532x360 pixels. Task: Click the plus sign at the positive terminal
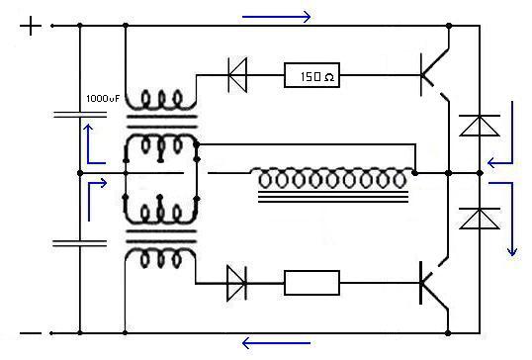(31, 26)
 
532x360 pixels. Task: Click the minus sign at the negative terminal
(31, 333)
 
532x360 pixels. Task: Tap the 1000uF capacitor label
(103, 99)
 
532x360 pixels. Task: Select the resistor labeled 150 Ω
(311, 75)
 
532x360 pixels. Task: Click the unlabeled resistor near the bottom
(311, 283)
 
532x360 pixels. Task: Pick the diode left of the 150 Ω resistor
(237, 75)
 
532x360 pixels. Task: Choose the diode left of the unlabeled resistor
(236, 283)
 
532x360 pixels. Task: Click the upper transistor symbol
(435, 74)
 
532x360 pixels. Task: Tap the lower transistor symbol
(435, 283)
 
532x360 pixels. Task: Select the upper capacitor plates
(80, 115)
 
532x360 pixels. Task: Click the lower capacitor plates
(80, 243)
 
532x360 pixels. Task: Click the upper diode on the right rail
(480, 126)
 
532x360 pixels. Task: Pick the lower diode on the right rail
(480, 219)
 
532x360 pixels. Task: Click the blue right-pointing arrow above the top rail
(277, 16)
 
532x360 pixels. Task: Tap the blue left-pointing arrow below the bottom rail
(277, 343)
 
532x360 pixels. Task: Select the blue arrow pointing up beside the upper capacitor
(88, 144)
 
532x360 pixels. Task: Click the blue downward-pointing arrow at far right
(511, 218)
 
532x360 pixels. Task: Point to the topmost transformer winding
(160, 101)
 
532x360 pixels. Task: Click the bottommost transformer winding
(160, 258)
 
